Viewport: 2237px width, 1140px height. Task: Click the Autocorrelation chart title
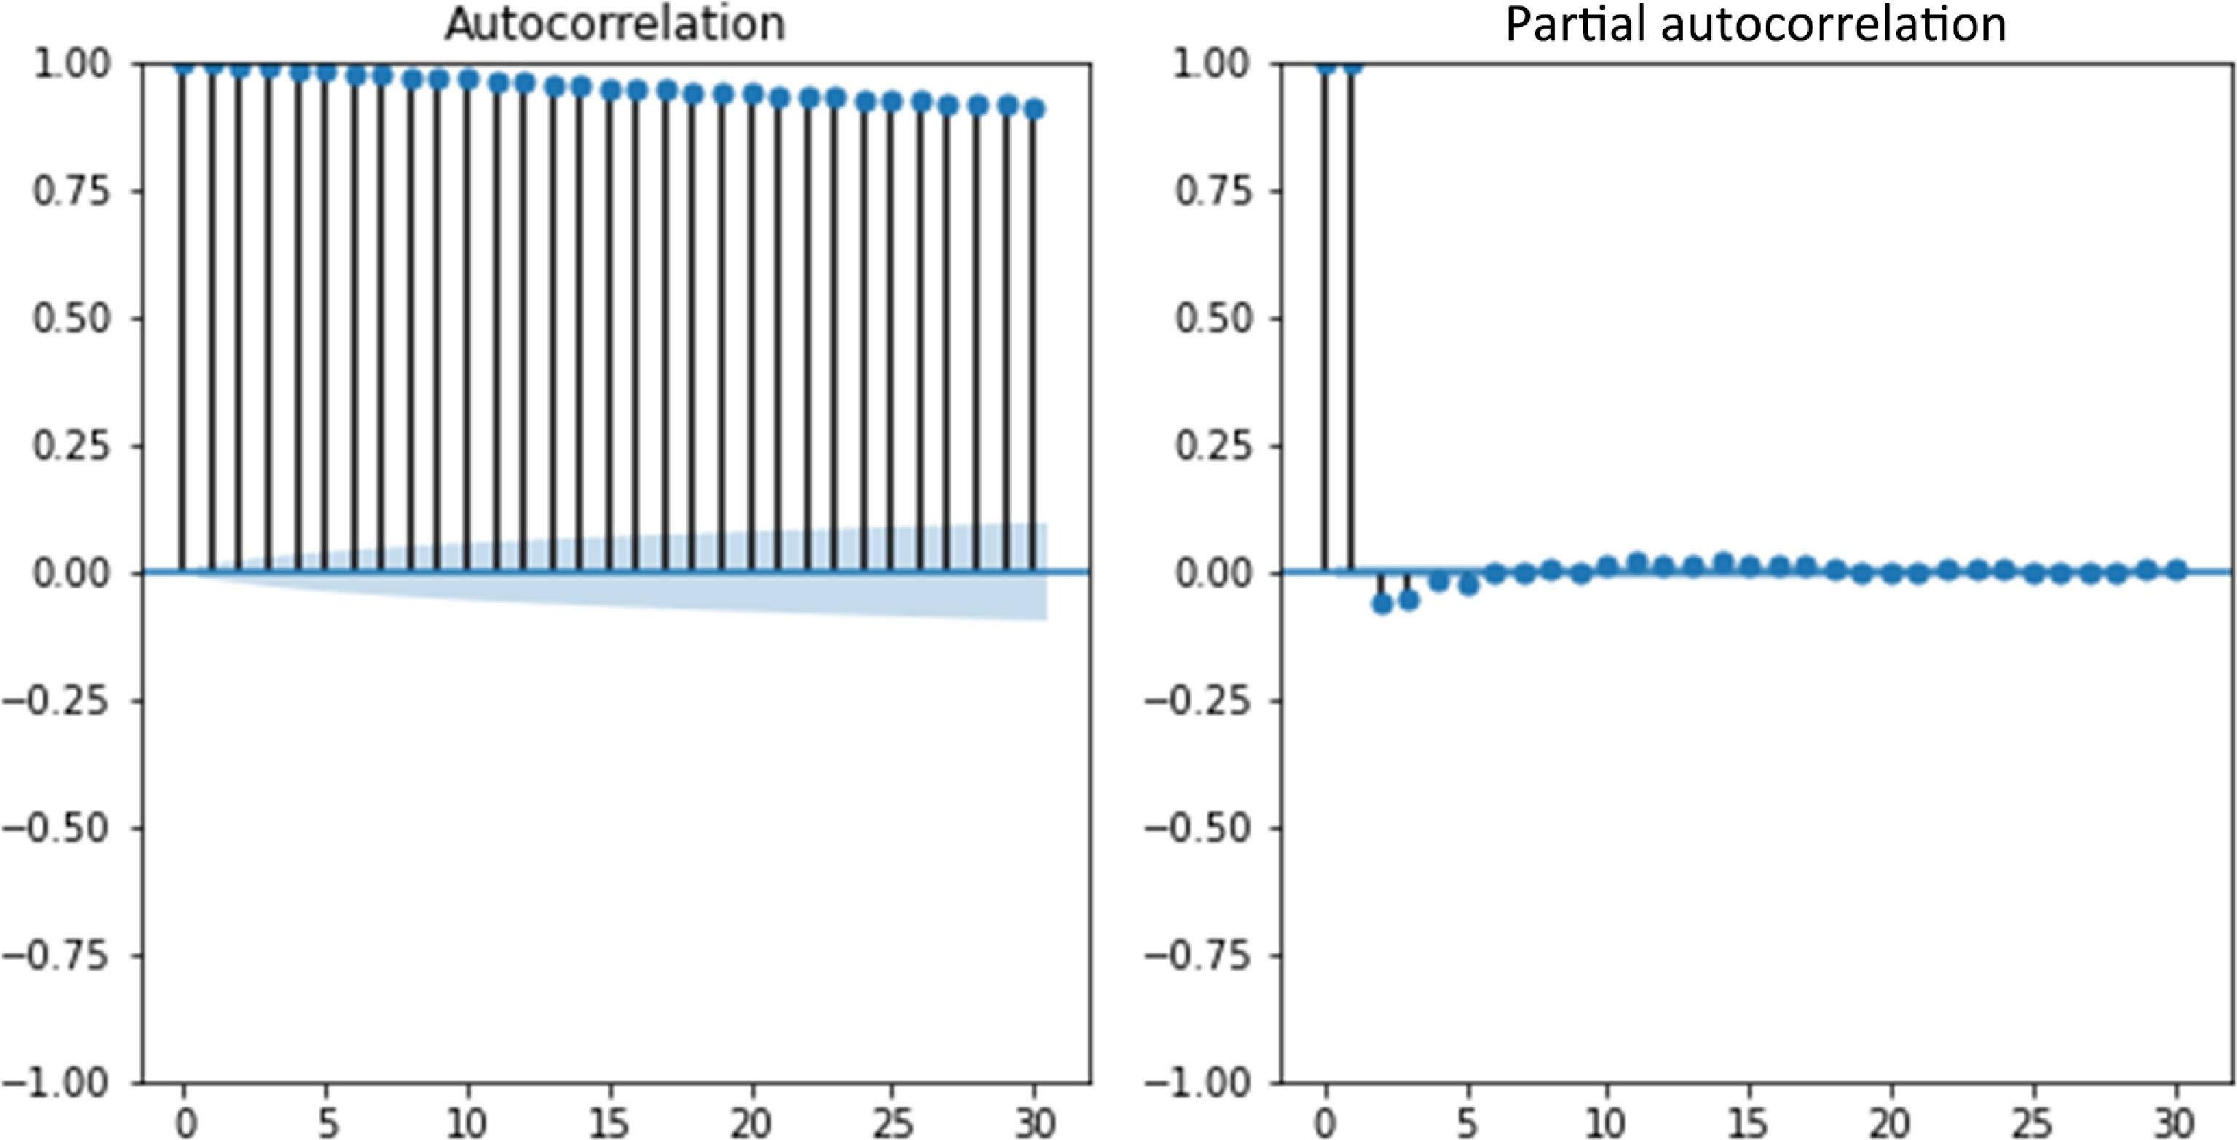point(615,23)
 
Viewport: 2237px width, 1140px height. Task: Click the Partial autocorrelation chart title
point(1755,23)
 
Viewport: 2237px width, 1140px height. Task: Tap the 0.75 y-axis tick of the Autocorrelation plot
point(73,191)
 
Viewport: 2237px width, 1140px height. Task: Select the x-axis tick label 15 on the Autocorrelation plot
point(609,1123)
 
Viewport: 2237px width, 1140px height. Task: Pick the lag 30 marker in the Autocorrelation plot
point(1034,109)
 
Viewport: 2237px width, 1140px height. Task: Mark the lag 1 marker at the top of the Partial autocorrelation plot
point(1352,65)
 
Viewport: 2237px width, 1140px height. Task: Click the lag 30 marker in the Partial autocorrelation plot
point(2175,570)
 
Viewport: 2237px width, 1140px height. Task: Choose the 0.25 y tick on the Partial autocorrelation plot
point(1214,447)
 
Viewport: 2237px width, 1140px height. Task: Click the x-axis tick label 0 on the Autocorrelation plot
point(184,1123)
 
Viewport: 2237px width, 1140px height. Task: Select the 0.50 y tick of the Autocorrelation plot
point(73,318)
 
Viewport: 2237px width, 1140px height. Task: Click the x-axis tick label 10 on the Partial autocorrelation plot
point(1606,1123)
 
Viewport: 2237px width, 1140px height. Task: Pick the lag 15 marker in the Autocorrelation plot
point(610,90)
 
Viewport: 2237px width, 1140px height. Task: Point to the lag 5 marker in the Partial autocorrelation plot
point(1468,584)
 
